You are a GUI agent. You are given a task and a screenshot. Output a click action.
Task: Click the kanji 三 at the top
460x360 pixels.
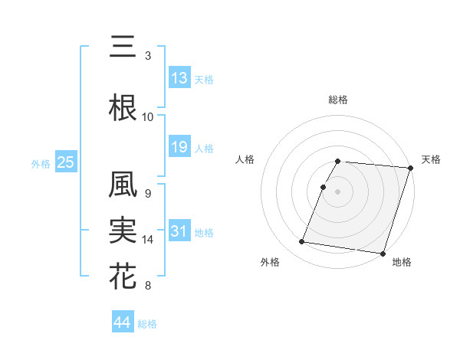click(x=123, y=47)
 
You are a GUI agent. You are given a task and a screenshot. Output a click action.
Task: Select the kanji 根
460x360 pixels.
click(x=123, y=108)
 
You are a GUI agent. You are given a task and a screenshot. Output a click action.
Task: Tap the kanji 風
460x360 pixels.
click(x=123, y=185)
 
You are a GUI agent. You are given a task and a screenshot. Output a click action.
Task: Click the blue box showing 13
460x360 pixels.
click(x=179, y=77)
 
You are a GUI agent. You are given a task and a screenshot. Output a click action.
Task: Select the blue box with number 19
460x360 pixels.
click(x=179, y=147)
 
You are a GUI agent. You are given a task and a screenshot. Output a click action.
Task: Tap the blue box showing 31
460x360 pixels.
click(x=179, y=231)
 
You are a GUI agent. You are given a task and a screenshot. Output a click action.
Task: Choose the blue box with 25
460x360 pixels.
click(x=65, y=162)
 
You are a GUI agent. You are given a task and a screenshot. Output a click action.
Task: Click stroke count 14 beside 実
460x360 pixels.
click(x=149, y=240)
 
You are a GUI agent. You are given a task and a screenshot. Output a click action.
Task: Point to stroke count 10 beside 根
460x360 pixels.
click(x=148, y=116)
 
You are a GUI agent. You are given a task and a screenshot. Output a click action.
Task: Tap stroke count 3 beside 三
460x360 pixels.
click(x=148, y=56)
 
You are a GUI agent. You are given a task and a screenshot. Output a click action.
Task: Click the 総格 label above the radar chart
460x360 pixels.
click(x=338, y=100)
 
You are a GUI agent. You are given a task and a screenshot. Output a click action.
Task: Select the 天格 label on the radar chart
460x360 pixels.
click(x=431, y=159)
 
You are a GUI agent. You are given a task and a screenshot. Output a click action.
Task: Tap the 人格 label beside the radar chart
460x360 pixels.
click(x=245, y=159)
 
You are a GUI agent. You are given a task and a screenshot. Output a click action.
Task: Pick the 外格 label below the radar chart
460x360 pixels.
click(x=270, y=262)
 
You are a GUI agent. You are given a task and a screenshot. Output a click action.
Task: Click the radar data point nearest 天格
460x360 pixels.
click(x=411, y=169)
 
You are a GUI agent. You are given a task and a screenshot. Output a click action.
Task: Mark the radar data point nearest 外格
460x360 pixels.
click(x=302, y=241)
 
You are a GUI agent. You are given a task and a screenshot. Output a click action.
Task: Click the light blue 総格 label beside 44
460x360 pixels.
click(x=147, y=324)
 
